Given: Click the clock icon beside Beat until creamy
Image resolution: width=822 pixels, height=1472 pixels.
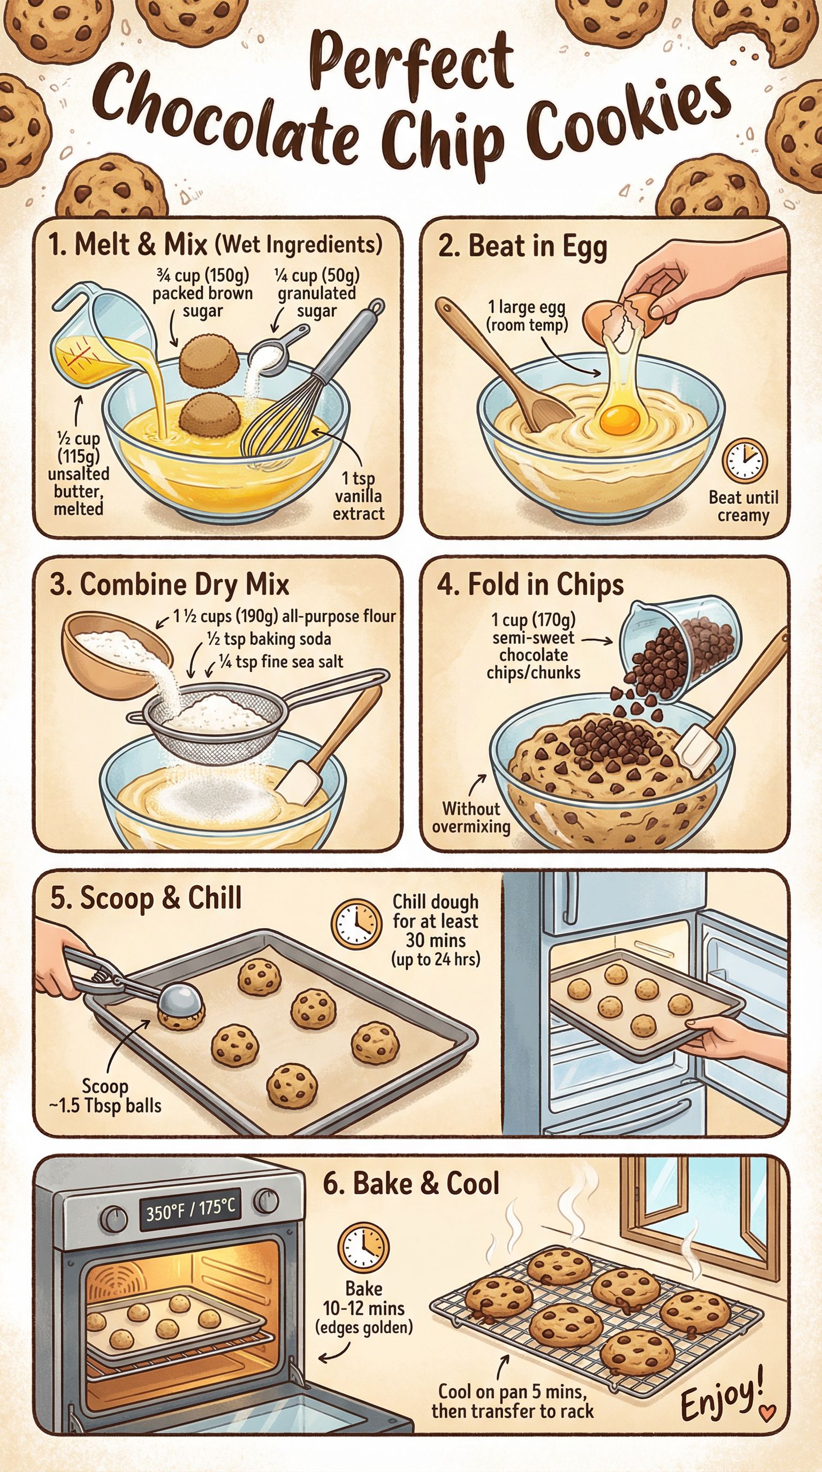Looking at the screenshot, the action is point(745,460).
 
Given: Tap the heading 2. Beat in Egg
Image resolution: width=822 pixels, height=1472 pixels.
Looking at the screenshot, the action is point(522,247).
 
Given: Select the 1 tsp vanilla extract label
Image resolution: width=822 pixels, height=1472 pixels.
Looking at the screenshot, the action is point(359,496).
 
